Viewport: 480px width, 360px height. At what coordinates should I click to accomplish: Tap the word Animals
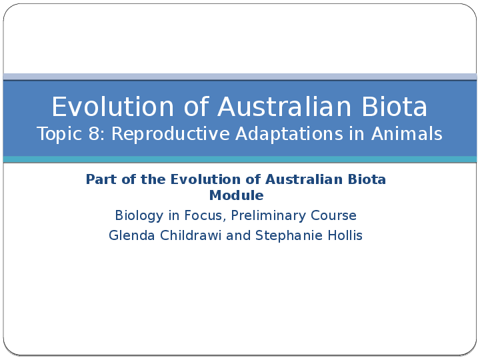(407, 134)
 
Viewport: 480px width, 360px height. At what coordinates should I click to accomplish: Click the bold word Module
(237, 195)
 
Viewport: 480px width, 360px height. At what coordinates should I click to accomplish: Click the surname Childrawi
(190, 235)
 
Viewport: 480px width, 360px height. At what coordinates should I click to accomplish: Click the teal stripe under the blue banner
(240, 159)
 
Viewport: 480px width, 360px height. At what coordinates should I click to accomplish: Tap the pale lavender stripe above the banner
(240, 77)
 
